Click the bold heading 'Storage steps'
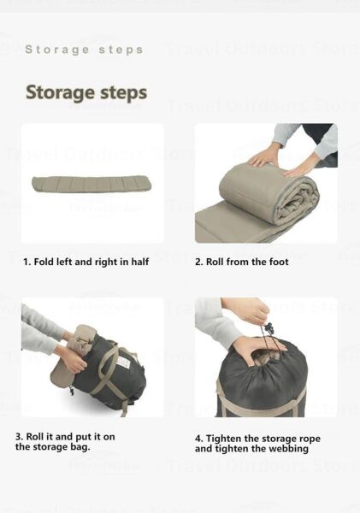tap(86, 92)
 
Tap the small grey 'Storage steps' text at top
tap(84, 50)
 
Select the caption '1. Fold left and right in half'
tap(86, 262)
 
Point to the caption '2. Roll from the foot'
tap(242, 262)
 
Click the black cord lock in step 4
tap(269, 328)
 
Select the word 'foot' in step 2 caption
tap(277, 262)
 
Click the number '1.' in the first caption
tap(27, 262)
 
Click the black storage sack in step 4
tap(265, 385)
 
